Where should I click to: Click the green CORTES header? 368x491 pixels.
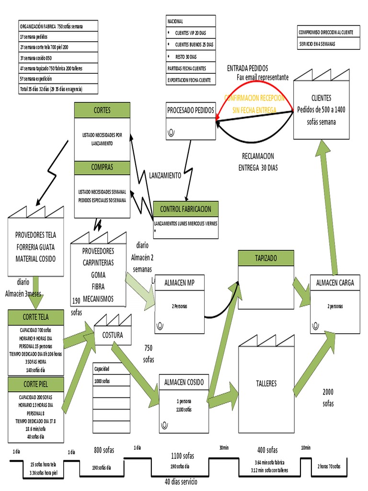pos(102,110)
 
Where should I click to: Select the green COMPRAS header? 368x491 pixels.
pos(102,167)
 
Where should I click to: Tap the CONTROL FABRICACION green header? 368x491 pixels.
pos(185,209)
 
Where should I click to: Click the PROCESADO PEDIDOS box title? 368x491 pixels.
pos(191,110)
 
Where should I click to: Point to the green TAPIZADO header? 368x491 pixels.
pos(265,257)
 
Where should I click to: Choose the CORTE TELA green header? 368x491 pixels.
pos(36,316)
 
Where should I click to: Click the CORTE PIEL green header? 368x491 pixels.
pos(36,384)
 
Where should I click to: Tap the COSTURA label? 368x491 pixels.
pos(112,335)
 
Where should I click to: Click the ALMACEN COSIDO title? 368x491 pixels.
pos(184,382)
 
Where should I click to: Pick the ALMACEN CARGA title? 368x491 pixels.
pos(335,282)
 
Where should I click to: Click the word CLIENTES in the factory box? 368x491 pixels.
pos(321,98)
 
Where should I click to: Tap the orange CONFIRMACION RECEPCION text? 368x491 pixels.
pos(254,98)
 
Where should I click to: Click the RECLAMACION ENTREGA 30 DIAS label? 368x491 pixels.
pos(258,162)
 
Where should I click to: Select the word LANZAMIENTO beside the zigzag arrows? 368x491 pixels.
pos(165,175)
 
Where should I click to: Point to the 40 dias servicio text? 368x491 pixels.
pos(180,481)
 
